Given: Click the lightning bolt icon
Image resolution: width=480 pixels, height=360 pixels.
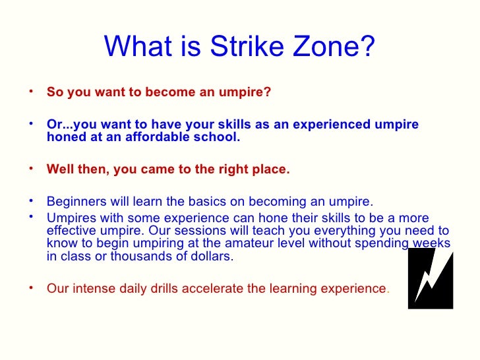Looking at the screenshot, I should point(430,278).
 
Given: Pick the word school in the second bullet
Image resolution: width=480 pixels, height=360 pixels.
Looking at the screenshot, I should point(222,138).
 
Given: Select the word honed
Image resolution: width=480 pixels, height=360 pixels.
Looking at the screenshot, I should point(64,138).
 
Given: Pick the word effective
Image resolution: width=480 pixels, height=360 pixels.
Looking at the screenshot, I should point(72,230).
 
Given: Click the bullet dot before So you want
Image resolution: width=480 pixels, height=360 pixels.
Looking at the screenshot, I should point(32,91).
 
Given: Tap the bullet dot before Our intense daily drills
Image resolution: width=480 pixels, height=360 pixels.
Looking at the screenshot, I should point(32,287).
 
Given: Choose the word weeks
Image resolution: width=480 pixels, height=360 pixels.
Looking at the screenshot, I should point(433,244).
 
